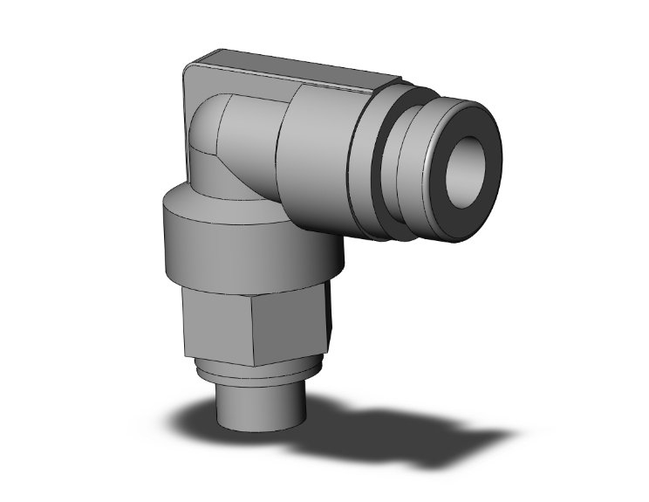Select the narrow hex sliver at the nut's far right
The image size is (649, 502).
point(330,314)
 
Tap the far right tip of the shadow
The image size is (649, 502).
point(506,432)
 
